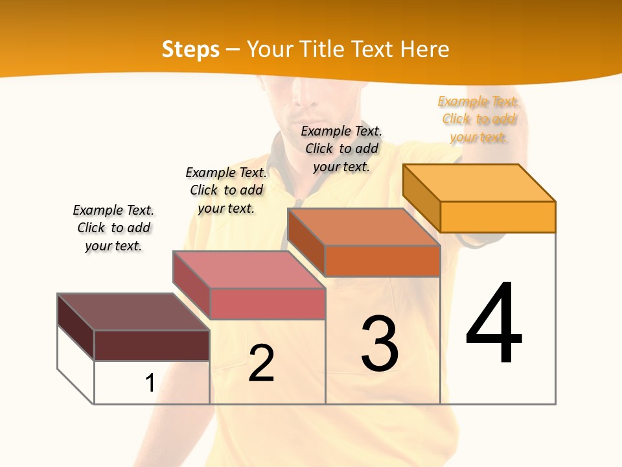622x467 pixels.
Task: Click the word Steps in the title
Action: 190,49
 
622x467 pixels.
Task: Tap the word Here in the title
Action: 425,49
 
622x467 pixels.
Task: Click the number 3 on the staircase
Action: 380,344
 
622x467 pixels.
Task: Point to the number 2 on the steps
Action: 262,363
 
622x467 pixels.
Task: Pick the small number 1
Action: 150,383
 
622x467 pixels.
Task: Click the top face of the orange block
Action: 479,182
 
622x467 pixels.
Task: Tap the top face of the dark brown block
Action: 133,311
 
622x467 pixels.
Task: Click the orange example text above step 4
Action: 478,119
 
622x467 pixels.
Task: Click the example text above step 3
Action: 341,149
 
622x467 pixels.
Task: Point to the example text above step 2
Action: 226,190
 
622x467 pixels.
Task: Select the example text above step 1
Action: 113,228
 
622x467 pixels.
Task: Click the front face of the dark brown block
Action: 152,345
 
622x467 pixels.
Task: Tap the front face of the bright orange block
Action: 498,217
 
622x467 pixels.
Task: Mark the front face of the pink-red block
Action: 268,304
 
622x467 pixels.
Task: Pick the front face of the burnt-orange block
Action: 382,261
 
